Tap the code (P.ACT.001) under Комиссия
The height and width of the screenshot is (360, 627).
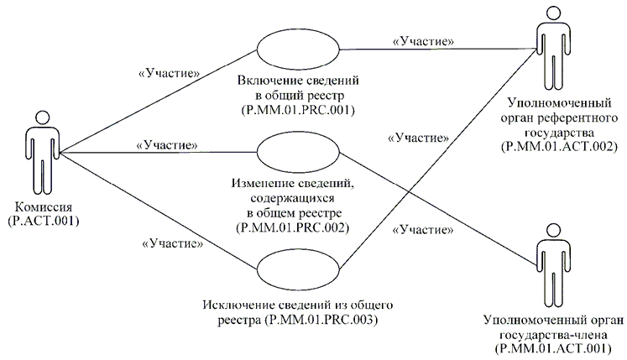pyautogui.click(x=41, y=222)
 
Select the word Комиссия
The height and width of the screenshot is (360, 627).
pyautogui.click(x=41, y=208)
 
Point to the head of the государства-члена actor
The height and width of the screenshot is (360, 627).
pyautogui.click(x=552, y=230)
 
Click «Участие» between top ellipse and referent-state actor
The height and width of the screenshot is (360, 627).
pyautogui.click(x=424, y=39)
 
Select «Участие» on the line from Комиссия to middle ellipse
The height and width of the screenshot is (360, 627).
pyautogui.click(x=165, y=144)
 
